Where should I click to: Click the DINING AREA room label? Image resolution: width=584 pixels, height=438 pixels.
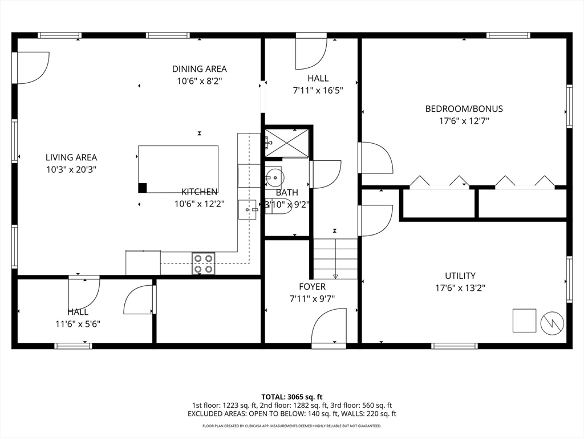pos(199,69)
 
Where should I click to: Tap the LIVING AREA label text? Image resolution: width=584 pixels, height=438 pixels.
pos(71,157)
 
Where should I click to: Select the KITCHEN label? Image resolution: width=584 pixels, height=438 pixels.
pos(199,192)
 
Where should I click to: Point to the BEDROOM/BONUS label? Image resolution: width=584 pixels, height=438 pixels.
pos(464,109)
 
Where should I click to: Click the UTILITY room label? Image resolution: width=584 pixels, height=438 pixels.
pos(460,275)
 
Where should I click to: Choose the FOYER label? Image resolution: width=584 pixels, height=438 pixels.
pos(312,286)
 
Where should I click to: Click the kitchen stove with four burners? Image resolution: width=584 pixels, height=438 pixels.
pos(204,263)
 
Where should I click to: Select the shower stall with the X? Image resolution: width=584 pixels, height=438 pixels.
pos(287,143)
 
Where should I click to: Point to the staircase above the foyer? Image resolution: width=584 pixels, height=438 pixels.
pos(335,258)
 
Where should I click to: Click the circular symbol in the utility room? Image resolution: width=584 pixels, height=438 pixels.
pos(552,323)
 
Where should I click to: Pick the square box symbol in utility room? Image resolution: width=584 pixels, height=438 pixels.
pos(525,321)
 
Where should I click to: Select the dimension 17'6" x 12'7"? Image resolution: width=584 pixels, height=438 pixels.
pos(464,121)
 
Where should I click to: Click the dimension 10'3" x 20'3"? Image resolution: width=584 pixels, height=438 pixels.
pos(71,170)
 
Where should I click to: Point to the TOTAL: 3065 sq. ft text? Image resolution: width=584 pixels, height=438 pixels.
pos(291,397)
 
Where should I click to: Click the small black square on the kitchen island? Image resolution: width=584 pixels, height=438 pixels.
pos(142,188)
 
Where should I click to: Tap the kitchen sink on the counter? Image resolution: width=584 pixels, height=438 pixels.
pos(248,210)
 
